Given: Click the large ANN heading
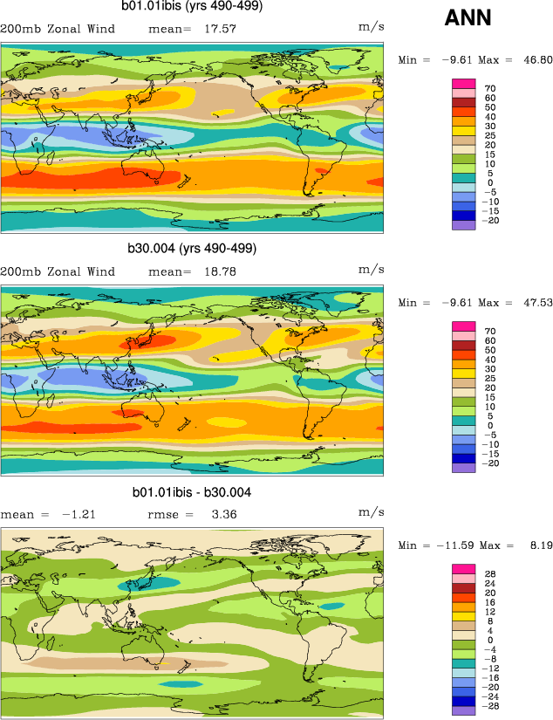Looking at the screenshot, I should click(468, 17).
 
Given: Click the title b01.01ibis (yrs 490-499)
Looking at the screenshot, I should click(191, 7).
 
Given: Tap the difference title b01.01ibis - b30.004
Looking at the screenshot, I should click(192, 492).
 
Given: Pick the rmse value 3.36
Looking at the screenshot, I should click(226, 514).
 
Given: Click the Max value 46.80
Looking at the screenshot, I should click(535, 60).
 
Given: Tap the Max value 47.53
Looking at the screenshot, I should click(535, 303).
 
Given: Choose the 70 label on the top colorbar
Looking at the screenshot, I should click(490, 88).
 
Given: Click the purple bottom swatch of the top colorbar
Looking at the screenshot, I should click(462, 224).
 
